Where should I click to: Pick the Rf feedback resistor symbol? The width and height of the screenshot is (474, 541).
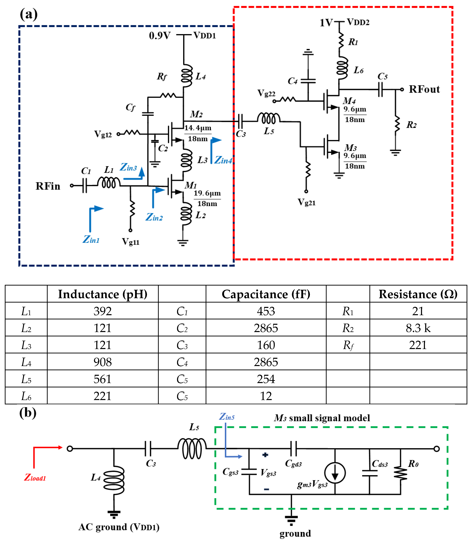[168, 96]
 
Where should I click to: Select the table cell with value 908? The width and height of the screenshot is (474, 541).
[103, 362]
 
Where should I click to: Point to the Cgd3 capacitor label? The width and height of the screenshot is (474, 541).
[293, 463]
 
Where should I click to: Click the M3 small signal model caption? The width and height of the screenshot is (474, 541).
[322, 418]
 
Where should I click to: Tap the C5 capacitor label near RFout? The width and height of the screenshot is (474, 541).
[383, 76]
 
